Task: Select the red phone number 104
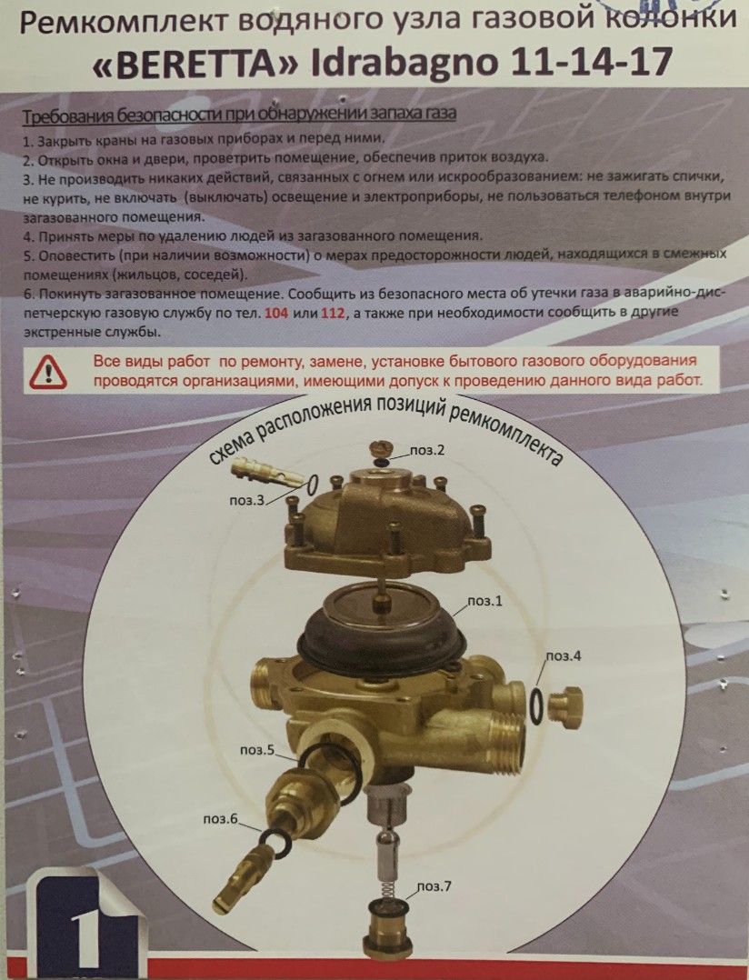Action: (276, 313)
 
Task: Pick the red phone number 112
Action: (333, 313)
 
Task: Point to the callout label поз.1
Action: (484, 601)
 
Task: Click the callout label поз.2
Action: (427, 450)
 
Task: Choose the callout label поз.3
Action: (247, 500)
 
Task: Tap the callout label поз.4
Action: (563, 655)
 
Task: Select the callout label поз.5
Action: (256, 749)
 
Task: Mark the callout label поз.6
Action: (221, 818)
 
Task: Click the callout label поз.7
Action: (434, 885)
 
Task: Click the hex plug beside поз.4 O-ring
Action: (564, 705)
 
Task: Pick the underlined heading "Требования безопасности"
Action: (239, 114)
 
